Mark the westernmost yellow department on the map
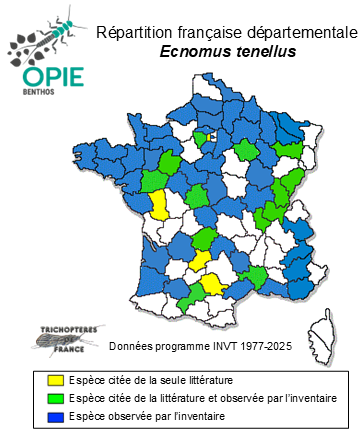159,206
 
